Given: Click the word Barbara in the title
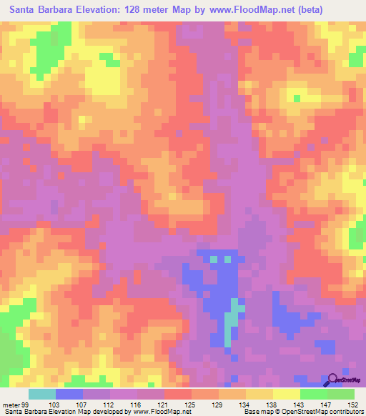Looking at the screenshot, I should (x=75, y=10).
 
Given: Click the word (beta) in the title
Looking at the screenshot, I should (x=321, y=10).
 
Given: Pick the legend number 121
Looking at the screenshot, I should (x=164, y=405).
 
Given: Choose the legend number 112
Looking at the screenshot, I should (x=109, y=405).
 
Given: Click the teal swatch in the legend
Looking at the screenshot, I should (x=42, y=394).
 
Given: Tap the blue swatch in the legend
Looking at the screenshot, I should (x=69, y=394).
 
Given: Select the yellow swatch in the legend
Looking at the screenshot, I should (x=286, y=394).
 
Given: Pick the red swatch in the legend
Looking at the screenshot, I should (x=177, y=394).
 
